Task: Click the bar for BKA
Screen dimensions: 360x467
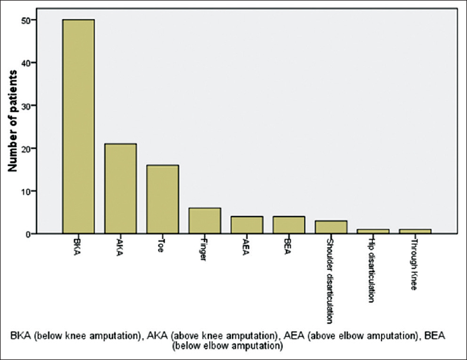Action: click(78, 127)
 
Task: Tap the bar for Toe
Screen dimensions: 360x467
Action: click(163, 199)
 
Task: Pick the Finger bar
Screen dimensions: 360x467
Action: click(205, 221)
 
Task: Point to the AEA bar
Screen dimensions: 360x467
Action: click(247, 225)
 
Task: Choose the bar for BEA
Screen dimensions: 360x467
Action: click(289, 225)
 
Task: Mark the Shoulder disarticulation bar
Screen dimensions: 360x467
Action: click(331, 227)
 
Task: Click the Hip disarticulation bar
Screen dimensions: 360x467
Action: click(373, 231)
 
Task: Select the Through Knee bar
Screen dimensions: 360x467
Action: click(415, 231)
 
